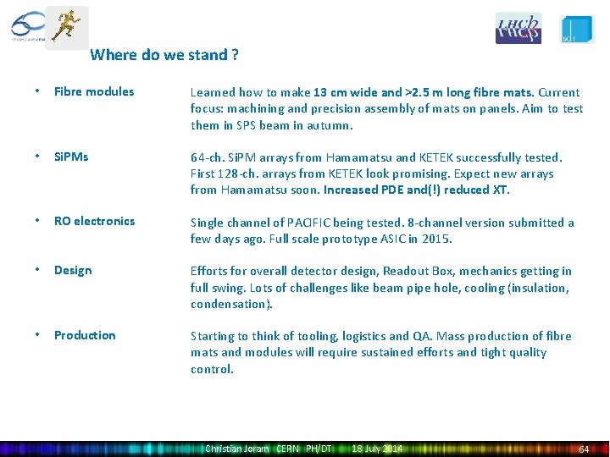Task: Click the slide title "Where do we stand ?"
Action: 164,56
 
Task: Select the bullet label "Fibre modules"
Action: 94,91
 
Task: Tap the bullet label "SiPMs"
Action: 71,157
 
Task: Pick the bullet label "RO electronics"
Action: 94,222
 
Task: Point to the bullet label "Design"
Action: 73,271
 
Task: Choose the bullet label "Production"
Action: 85,336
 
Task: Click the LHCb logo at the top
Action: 518,28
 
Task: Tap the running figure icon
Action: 66,25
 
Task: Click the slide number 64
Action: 583,449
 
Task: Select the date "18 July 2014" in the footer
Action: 377,449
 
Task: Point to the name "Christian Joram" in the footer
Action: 237,449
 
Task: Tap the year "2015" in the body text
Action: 436,240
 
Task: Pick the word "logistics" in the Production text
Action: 385,337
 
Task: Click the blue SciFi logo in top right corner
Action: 577,28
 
